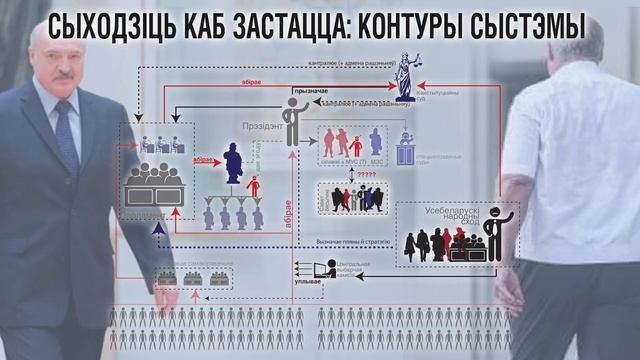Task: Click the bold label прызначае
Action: (x=310, y=90)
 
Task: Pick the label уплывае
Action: (x=309, y=283)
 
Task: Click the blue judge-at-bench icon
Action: (x=406, y=148)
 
